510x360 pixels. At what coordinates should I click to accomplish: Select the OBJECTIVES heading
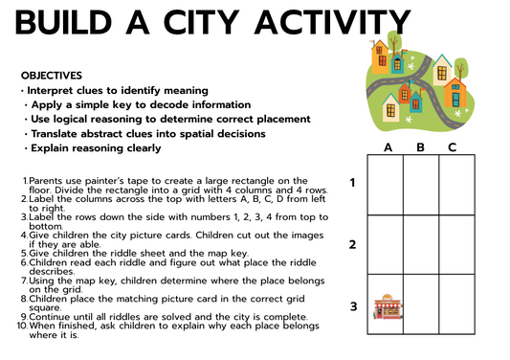pyautogui.click(x=52, y=75)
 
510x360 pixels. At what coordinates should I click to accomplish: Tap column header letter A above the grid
pyautogui.click(x=388, y=147)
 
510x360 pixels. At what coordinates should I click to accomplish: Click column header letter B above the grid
pyautogui.click(x=420, y=147)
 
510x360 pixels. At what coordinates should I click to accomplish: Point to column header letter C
pyautogui.click(x=452, y=147)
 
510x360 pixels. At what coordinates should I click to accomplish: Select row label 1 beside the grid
pyautogui.click(x=353, y=182)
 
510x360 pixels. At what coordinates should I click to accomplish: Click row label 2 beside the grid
pyautogui.click(x=353, y=244)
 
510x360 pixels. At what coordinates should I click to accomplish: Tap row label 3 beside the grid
pyautogui.click(x=353, y=306)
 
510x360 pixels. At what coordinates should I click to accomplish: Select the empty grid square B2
pyautogui.click(x=420, y=244)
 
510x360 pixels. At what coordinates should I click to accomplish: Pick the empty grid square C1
pyautogui.click(x=453, y=184)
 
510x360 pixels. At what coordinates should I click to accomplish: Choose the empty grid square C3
pyautogui.click(x=453, y=306)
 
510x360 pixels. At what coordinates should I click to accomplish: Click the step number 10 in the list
pyautogui.click(x=22, y=326)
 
